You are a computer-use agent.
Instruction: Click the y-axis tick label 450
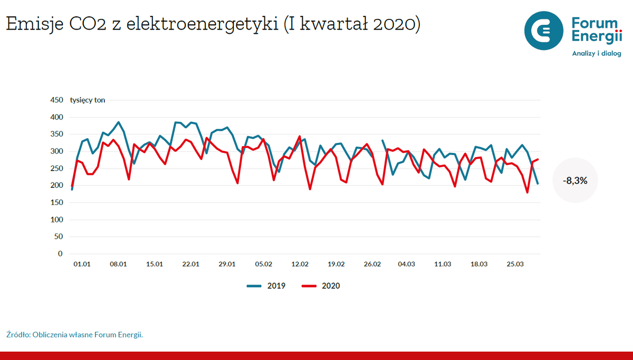(56, 100)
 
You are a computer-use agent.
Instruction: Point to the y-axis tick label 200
(56, 186)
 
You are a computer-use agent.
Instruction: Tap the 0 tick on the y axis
(60, 254)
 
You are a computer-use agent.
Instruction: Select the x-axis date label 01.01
(82, 264)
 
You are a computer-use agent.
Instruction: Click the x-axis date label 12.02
(300, 264)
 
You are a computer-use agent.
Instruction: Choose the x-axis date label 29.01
(227, 264)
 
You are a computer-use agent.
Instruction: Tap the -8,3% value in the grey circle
(575, 180)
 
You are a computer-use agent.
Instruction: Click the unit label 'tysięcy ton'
(88, 100)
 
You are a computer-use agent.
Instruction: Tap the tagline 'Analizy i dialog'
(597, 53)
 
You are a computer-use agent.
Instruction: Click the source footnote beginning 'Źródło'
(74, 335)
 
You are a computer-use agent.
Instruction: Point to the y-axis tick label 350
(56, 134)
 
